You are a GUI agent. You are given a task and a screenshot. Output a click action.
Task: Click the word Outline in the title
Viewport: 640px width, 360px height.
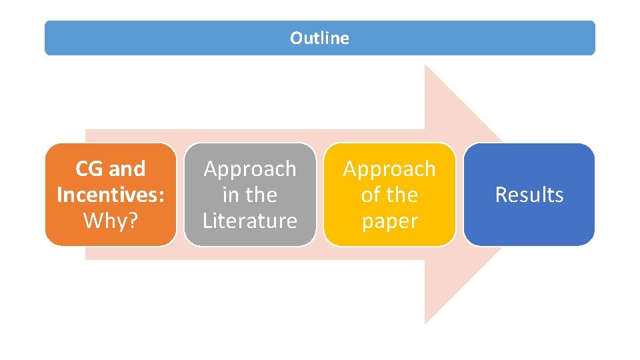coord(319,39)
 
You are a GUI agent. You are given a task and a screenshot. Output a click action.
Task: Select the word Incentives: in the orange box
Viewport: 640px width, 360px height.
coord(111,195)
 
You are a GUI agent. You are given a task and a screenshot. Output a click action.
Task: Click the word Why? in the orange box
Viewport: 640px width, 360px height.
coord(111,220)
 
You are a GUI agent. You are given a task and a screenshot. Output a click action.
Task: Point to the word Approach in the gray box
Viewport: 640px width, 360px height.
coord(250,169)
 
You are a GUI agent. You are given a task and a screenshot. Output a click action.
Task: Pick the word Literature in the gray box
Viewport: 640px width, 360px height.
coord(250,220)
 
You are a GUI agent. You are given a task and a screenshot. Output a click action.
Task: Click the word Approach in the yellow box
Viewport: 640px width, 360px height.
coord(389,169)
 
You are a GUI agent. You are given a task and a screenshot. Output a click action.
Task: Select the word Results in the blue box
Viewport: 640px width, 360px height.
coord(529,195)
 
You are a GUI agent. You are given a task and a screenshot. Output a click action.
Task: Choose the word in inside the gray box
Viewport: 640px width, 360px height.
coord(231,195)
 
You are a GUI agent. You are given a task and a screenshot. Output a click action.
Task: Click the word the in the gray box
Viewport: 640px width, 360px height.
coord(261,195)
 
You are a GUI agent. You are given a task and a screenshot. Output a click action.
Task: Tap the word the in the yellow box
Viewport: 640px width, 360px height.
coord(402,195)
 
